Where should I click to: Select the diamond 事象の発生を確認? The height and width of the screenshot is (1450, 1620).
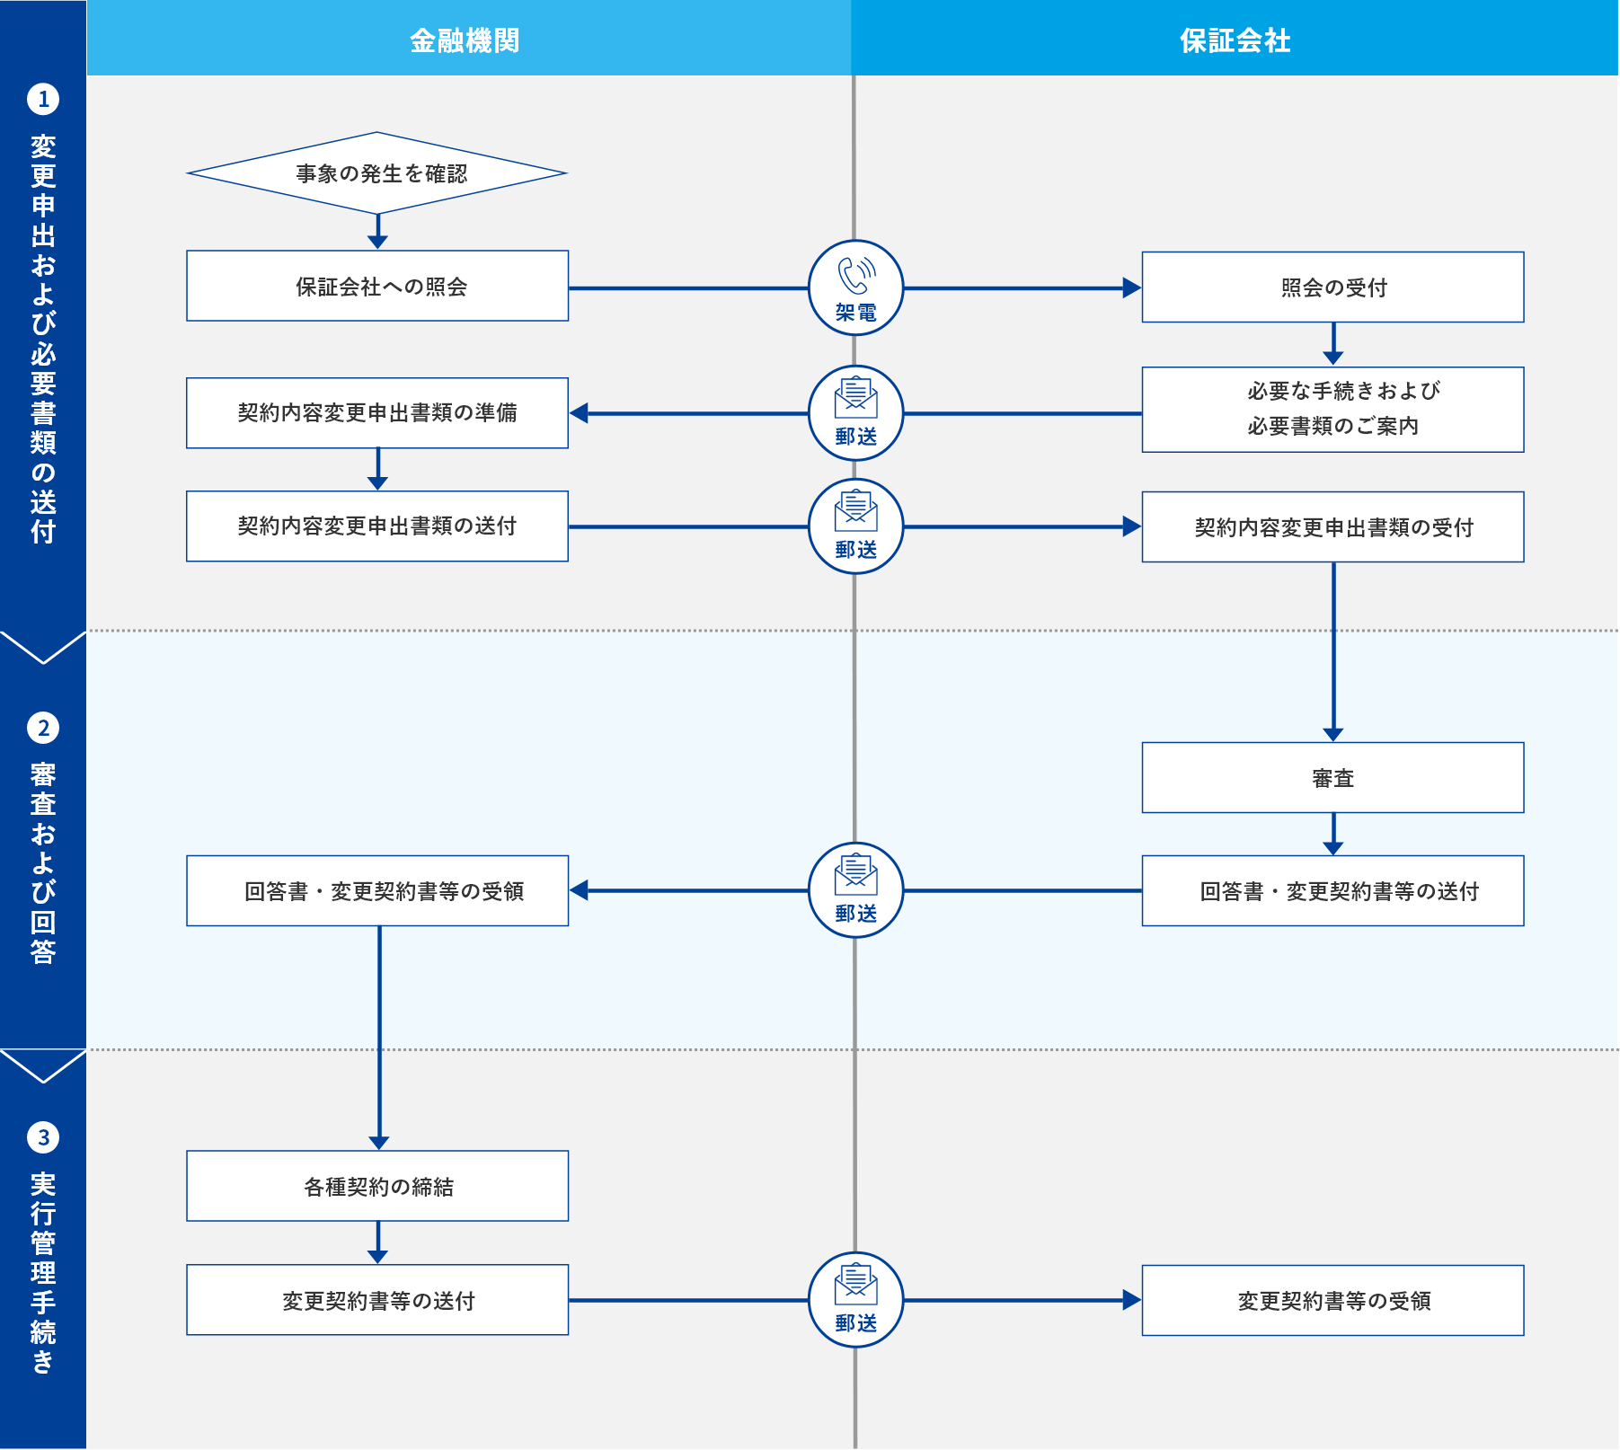[x=377, y=173]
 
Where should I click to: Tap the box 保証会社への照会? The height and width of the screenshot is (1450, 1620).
[x=377, y=286]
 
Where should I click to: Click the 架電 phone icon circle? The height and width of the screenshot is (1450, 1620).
[x=855, y=287]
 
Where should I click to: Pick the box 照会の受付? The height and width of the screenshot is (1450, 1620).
[x=1332, y=287]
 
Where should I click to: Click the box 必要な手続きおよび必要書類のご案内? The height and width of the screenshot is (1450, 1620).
[x=1332, y=409]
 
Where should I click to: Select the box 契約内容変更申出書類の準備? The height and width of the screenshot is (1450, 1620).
[x=377, y=412]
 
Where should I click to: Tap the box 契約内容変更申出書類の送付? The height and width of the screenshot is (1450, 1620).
[x=377, y=526]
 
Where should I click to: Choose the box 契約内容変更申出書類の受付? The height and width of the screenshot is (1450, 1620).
[x=1332, y=526]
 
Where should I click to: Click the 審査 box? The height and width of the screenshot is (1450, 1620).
[x=1332, y=777]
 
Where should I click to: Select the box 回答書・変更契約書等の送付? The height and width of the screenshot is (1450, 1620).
[x=1332, y=890]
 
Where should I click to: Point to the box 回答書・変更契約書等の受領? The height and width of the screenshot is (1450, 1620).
[x=377, y=890]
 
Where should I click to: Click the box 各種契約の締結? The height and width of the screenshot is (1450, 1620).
[x=377, y=1186]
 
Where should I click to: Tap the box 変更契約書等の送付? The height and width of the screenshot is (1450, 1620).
[x=377, y=1300]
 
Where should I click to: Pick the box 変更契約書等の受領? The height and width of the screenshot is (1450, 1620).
[x=1332, y=1300]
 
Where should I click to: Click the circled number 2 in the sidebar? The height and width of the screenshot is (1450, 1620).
[x=43, y=728]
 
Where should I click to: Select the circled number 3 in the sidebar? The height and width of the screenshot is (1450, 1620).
[x=43, y=1137]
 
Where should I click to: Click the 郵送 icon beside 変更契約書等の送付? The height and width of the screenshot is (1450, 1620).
[x=855, y=1299]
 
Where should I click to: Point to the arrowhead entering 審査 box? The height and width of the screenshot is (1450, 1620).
[x=1333, y=735]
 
